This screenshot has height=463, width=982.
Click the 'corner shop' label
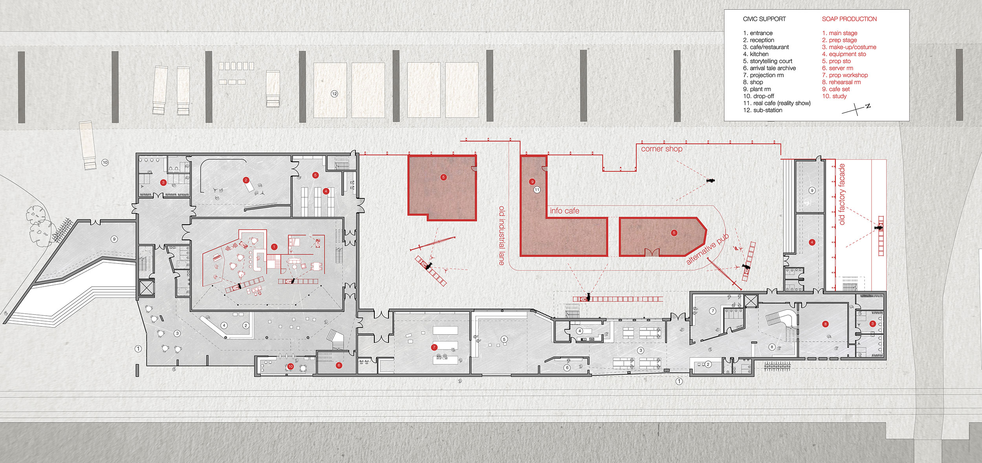point(661,149)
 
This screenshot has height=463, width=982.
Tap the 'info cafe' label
point(564,211)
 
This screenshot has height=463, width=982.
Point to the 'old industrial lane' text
point(502,235)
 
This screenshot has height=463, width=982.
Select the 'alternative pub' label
point(707,249)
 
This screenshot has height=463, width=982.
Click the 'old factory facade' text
point(842,194)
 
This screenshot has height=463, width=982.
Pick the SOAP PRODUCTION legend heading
point(849,19)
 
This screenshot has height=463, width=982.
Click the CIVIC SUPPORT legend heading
point(764,19)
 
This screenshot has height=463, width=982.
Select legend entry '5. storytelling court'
point(768,61)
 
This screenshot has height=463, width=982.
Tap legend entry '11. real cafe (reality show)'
point(777,103)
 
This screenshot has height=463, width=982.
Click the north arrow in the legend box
point(857,109)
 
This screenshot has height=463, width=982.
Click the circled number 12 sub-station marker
point(334,94)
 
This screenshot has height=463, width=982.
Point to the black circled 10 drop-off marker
point(105,162)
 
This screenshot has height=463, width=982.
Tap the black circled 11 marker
point(537,190)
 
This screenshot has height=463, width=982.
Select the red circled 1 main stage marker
point(274,247)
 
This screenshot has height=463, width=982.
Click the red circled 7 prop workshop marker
point(434,347)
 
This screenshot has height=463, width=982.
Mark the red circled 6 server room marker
point(339,366)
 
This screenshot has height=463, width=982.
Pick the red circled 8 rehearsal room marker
point(825,324)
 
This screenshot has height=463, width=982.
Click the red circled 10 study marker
point(290,366)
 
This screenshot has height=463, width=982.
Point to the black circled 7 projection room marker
point(713,311)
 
